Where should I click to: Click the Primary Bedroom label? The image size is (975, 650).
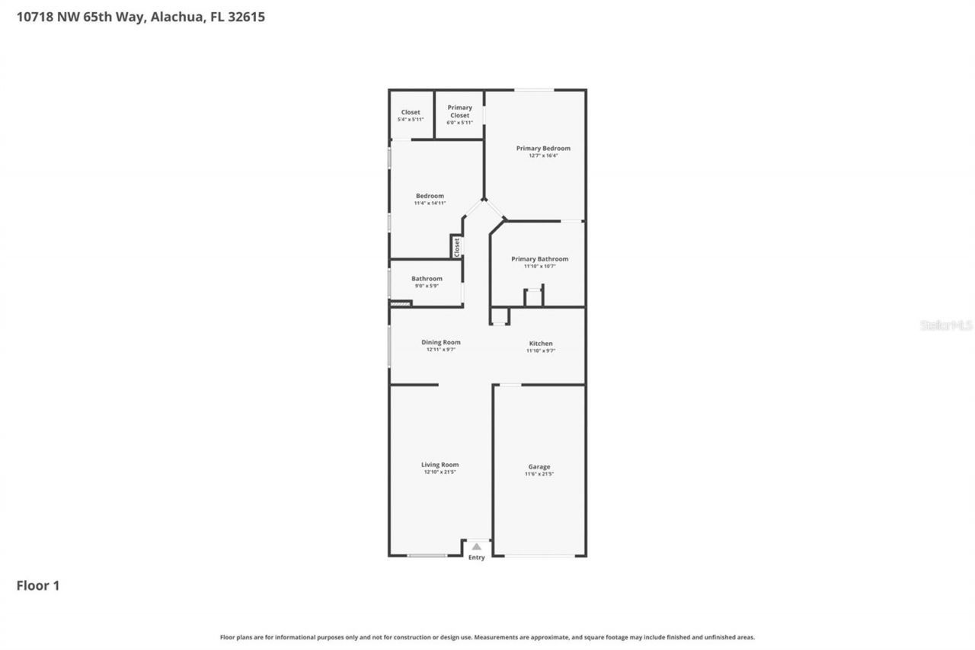pos(543,149)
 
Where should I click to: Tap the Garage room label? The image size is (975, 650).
pos(539,467)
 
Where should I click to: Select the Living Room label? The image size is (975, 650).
pos(440,465)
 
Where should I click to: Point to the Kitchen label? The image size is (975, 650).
pos(541,344)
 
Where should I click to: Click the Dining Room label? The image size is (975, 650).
pos(441,342)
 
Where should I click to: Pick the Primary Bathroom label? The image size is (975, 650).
pos(539,259)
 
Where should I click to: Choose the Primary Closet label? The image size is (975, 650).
pos(459,111)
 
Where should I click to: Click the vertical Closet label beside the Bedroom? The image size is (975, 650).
pos(457,247)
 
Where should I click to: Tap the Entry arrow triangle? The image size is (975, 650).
pos(477,546)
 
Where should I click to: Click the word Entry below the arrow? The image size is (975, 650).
pos(476,558)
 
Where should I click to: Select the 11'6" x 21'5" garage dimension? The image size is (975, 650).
pos(539,474)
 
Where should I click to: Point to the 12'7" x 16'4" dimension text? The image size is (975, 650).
pos(543,155)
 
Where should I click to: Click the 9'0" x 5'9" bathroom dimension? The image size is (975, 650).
pos(427,286)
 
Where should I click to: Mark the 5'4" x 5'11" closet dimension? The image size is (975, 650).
pos(411,120)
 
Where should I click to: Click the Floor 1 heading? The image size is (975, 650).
pos(38,586)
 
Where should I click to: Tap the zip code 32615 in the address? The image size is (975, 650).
pos(246,17)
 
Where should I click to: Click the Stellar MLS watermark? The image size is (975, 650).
pos(946,325)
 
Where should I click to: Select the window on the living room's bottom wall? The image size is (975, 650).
pos(427,556)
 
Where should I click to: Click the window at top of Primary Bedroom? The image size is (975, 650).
pos(534,90)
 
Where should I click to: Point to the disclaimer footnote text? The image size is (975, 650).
pos(487,637)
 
